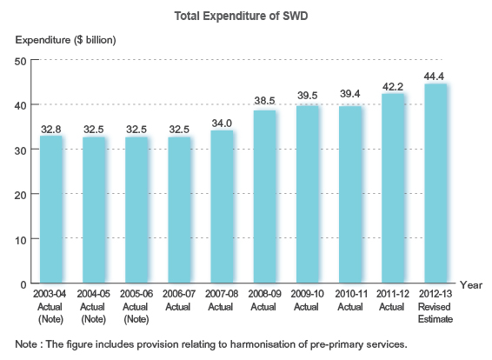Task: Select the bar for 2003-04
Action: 51,209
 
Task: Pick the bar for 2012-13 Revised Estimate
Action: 435,183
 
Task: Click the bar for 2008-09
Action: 264,197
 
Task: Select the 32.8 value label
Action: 51,128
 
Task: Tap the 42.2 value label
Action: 393,85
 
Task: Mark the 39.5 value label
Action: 308,96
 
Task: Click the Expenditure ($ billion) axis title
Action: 65,39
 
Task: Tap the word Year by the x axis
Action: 470,284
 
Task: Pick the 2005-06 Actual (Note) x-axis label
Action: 136,307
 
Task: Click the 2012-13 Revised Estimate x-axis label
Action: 435,307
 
